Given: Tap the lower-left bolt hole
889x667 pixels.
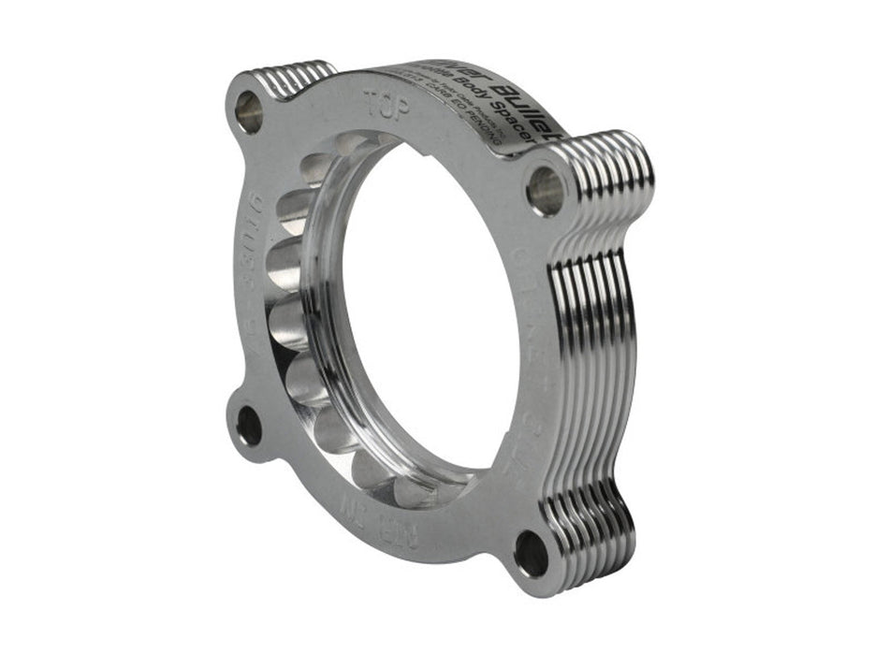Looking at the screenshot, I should click(249, 426).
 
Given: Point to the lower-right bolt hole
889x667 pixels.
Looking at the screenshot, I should click(532, 554).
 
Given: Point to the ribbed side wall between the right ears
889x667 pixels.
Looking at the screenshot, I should click(599, 355).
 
